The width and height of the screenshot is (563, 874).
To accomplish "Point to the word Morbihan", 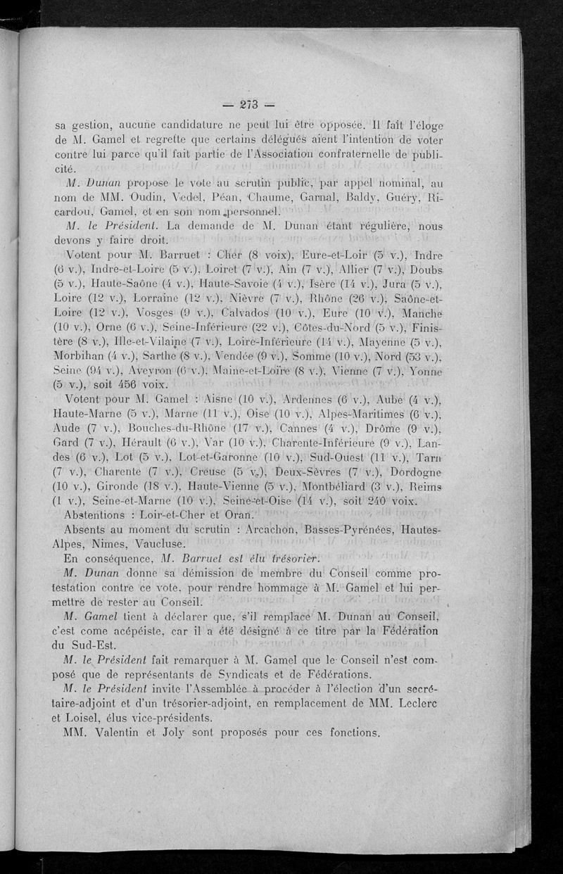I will click(x=78, y=357).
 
